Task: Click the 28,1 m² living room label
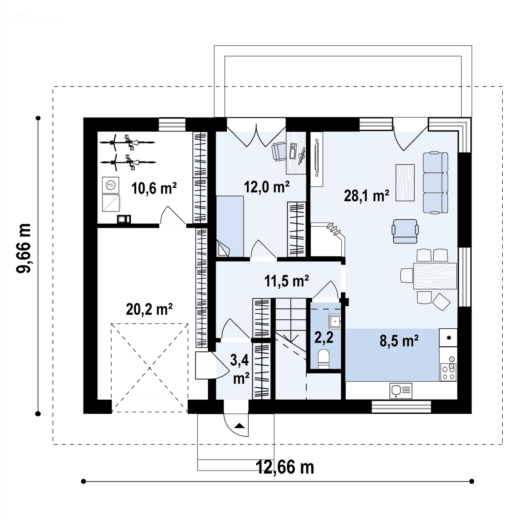(x=366, y=195)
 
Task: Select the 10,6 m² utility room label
(x=154, y=188)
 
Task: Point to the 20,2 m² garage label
(x=149, y=309)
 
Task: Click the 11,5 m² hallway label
(x=286, y=281)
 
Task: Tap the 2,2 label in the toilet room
(x=323, y=338)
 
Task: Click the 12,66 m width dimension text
(x=285, y=467)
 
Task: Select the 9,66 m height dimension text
(x=24, y=248)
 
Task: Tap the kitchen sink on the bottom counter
(x=401, y=391)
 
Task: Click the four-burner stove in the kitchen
(x=448, y=372)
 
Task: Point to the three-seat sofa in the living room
(x=435, y=183)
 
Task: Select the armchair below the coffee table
(x=405, y=231)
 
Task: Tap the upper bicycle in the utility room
(x=127, y=142)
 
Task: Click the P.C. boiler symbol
(x=111, y=185)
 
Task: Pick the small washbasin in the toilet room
(x=335, y=321)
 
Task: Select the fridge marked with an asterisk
(x=448, y=338)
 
